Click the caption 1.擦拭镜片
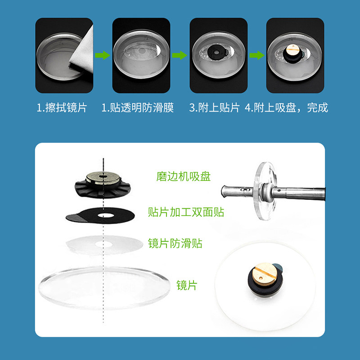click(x=62, y=108)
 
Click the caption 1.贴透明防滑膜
click(x=137, y=108)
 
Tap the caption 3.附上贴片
click(x=214, y=108)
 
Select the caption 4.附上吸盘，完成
click(x=286, y=108)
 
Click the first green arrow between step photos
click(x=103, y=55)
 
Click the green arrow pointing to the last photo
click(x=257, y=55)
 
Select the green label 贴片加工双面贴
click(x=186, y=212)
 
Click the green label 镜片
click(x=186, y=285)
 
